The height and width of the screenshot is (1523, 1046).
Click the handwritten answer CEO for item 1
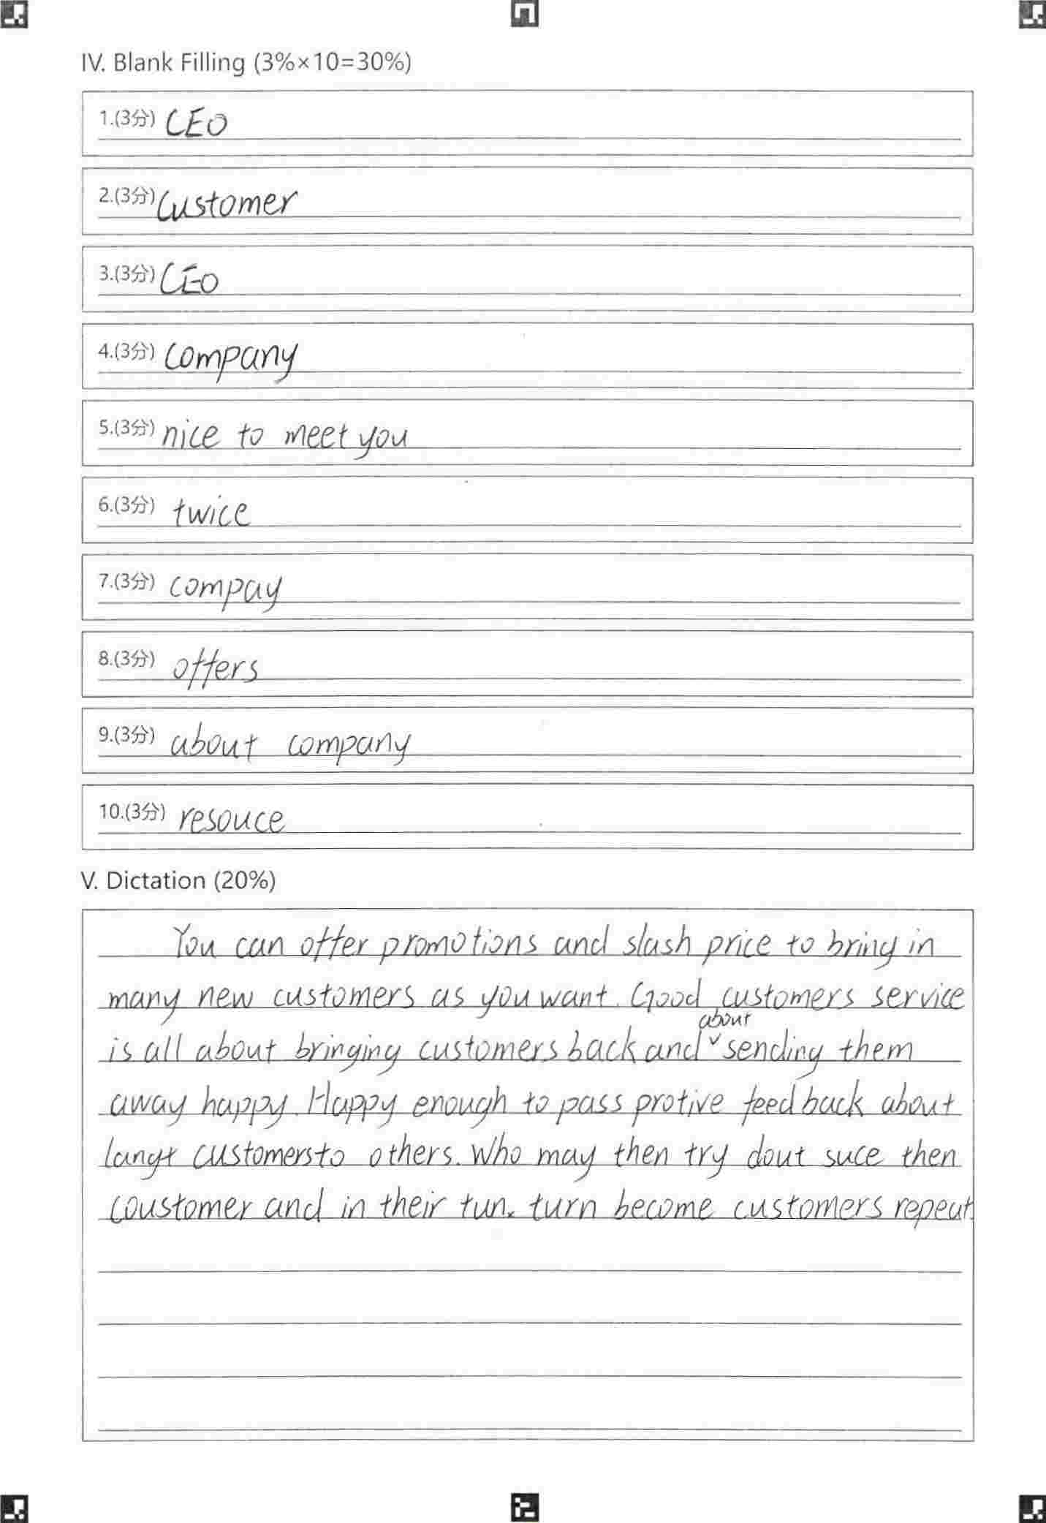(x=196, y=124)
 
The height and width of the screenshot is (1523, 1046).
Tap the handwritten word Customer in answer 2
(x=227, y=203)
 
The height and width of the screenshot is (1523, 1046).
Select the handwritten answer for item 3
(x=189, y=280)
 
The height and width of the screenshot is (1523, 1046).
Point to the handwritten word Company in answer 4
(x=230, y=358)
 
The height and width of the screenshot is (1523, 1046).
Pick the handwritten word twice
(x=211, y=512)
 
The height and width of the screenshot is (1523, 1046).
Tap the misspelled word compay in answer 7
(x=225, y=589)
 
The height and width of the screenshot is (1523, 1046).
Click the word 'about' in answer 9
(x=213, y=745)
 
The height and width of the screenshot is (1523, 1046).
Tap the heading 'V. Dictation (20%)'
(x=178, y=880)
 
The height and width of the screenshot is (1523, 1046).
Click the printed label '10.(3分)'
(x=132, y=812)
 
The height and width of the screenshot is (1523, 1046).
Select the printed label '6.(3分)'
(x=126, y=504)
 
